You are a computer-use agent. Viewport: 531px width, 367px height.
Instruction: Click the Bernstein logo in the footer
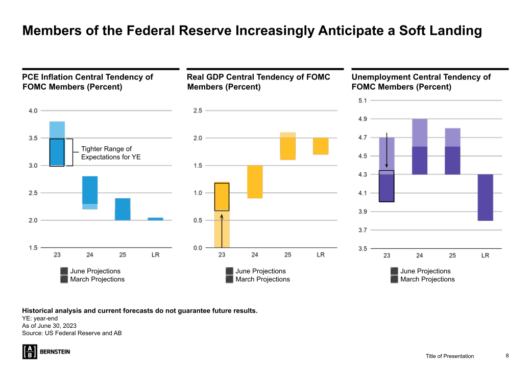point(46,351)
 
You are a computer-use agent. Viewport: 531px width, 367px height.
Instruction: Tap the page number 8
point(507,355)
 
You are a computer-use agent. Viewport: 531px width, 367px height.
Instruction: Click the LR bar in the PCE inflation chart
point(156,219)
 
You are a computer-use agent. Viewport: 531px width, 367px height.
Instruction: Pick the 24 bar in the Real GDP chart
point(255,181)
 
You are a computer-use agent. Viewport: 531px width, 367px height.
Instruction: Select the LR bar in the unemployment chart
point(486,197)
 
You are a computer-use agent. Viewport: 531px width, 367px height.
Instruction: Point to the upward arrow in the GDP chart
point(222,230)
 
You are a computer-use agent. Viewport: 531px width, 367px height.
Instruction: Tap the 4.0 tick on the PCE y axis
point(33,111)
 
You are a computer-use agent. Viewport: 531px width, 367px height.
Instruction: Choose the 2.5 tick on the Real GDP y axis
point(198,111)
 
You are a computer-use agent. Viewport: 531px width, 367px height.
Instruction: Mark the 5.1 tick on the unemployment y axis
point(363,100)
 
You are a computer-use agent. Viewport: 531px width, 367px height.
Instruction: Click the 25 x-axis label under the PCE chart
point(123,254)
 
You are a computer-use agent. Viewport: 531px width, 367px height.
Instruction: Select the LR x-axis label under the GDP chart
point(321,254)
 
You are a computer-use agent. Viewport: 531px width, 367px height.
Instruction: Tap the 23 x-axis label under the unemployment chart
point(387,255)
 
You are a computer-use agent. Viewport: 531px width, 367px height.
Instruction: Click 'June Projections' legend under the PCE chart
point(95,271)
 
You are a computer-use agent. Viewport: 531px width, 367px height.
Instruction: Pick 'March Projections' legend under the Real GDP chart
point(262,279)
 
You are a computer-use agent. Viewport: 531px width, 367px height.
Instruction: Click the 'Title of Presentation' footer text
point(450,356)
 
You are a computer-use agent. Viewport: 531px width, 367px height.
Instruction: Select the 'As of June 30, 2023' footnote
point(50,326)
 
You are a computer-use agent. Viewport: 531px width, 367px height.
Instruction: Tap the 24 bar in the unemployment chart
point(420,147)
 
